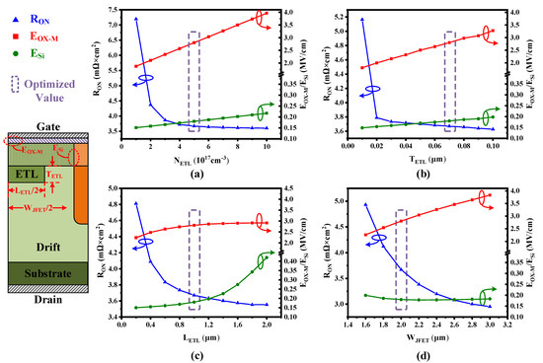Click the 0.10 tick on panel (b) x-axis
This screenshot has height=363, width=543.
tap(493, 145)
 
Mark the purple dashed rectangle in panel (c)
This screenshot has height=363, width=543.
tap(194, 255)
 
